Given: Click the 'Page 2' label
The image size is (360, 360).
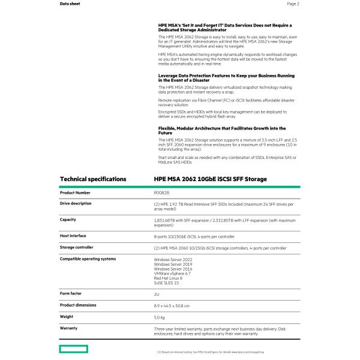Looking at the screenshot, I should (293, 4).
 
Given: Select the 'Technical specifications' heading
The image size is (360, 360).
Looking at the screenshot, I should (93, 179).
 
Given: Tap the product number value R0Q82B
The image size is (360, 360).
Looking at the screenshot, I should (162, 193).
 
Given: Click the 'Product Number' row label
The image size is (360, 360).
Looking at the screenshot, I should (75, 193).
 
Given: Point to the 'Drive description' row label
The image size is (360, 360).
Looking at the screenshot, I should (76, 203).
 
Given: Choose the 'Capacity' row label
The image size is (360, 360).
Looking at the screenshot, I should (68, 220).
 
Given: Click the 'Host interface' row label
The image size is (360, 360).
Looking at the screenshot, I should (73, 236).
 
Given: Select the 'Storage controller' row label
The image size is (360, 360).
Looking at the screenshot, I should (77, 247).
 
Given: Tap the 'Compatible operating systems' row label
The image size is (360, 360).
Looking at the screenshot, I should (88, 259).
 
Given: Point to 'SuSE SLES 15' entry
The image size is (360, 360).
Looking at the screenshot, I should (167, 283).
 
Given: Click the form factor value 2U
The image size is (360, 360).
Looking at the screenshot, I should (157, 294).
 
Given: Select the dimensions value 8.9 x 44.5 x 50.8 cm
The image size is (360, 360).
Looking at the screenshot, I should (172, 305).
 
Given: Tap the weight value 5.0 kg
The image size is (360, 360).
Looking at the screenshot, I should (159, 317).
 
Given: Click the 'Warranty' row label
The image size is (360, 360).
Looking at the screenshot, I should (68, 328).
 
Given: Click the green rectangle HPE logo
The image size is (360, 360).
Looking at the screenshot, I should (73, 349).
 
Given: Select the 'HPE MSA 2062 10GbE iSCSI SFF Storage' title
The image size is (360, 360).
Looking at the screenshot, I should (210, 179).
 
